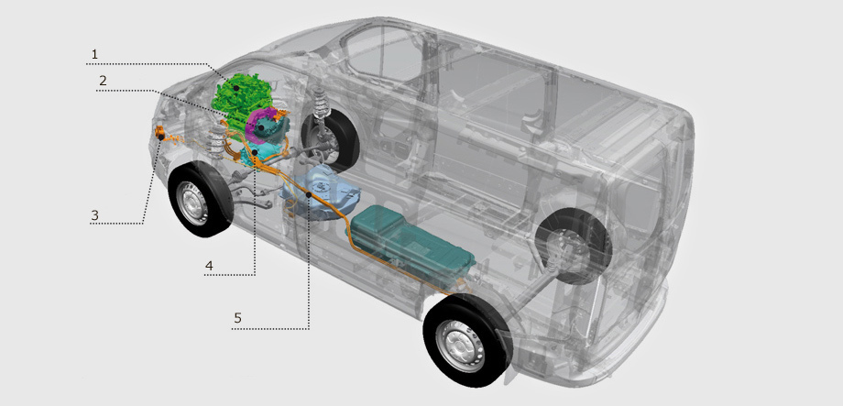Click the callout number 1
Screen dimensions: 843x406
tap(94, 54)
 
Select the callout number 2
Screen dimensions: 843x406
tap(103, 81)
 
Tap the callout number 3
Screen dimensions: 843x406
tap(94, 215)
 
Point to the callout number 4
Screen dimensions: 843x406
tap(209, 266)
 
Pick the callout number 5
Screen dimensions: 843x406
tap(237, 318)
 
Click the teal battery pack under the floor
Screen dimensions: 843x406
tap(411, 239)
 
